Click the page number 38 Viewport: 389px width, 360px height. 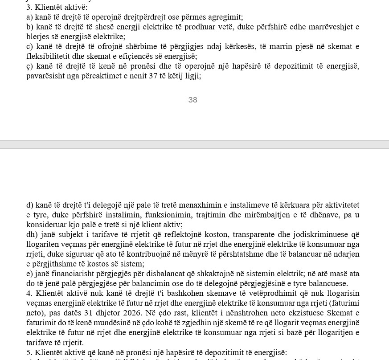click(x=192, y=100)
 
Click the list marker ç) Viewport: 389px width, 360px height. click(x=29, y=66)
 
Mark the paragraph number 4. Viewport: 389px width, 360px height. click(x=29, y=293)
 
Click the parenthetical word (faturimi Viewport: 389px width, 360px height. click(x=344, y=303)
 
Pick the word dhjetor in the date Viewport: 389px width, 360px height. click(x=103, y=313)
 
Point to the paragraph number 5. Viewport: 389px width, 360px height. click(x=29, y=352)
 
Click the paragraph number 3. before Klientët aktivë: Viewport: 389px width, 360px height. click(x=29, y=7)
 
